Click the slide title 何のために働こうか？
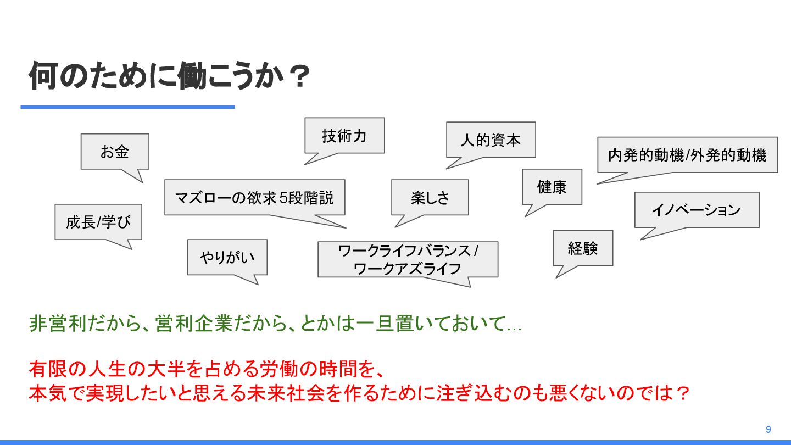(169, 77)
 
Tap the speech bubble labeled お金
(115, 152)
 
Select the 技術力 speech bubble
(344, 136)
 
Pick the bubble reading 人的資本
(491, 140)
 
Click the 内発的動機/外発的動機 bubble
(687, 155)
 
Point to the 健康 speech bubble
(552, 187)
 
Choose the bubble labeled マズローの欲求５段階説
(254, 197)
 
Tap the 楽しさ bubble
(430, 197)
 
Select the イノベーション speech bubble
(697, 210)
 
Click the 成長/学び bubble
(98, 222)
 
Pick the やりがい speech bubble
(227, 257)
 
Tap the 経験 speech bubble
(582, 248)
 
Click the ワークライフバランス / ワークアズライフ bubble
(408, 259)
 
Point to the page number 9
(768, 430)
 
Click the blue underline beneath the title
(127, 107)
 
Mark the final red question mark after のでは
(681, 393)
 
